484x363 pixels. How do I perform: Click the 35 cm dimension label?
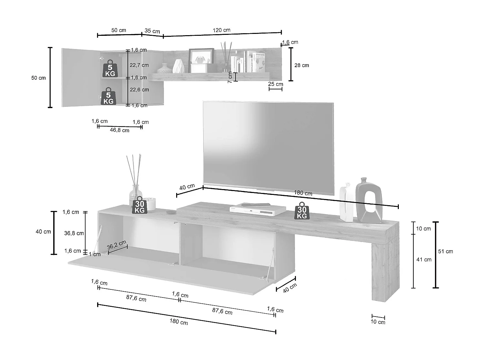(152, 31)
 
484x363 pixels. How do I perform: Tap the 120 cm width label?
(222, 30)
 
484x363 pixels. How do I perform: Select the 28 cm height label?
(302, 65)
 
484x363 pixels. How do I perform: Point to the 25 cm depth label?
(276, 84)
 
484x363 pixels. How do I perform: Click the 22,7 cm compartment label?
(139, 65)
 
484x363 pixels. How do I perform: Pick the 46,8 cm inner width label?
(120, 130)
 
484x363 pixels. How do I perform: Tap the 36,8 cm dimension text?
(74, 233)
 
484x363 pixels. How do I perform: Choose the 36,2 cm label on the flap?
(116, 245)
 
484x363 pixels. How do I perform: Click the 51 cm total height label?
(446, 251)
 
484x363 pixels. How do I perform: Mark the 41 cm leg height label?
(424, 259)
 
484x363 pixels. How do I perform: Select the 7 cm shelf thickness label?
(230, 77)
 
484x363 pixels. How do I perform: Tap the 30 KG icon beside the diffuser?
(140, 205)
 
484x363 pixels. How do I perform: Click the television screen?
(268, 147)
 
